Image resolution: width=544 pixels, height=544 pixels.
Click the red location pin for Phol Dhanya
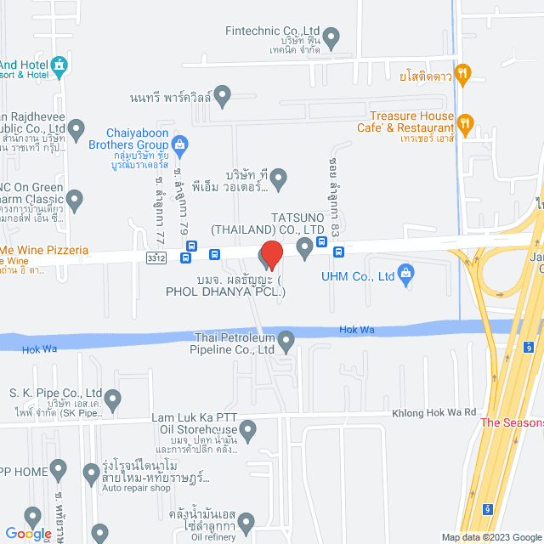(x=270, y=254)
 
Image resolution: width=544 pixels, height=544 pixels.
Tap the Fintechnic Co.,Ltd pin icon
(x=332, y=37)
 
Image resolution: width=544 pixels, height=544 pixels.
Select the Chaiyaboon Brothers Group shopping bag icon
(x=179, y=143)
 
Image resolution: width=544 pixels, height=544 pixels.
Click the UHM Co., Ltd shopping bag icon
(x=405, y=274)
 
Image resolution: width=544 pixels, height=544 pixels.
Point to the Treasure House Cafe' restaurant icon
(x=464, y=123)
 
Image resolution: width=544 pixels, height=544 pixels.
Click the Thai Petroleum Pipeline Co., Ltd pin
(x=286, y=342)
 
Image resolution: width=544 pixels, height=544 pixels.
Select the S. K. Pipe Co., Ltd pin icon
(x=113, y=397)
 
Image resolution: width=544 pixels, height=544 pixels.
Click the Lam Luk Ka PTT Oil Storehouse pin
(x=247, y=433)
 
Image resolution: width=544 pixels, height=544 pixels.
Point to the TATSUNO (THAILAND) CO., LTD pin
(x=305, y=248)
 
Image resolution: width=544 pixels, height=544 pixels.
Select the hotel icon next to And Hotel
(x=59, y=65)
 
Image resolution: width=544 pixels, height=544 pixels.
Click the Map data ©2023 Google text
(x=490, y=537)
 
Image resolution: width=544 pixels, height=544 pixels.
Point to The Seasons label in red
(x=512, y=422)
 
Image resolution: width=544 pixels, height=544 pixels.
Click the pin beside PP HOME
(x=58, y=468)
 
